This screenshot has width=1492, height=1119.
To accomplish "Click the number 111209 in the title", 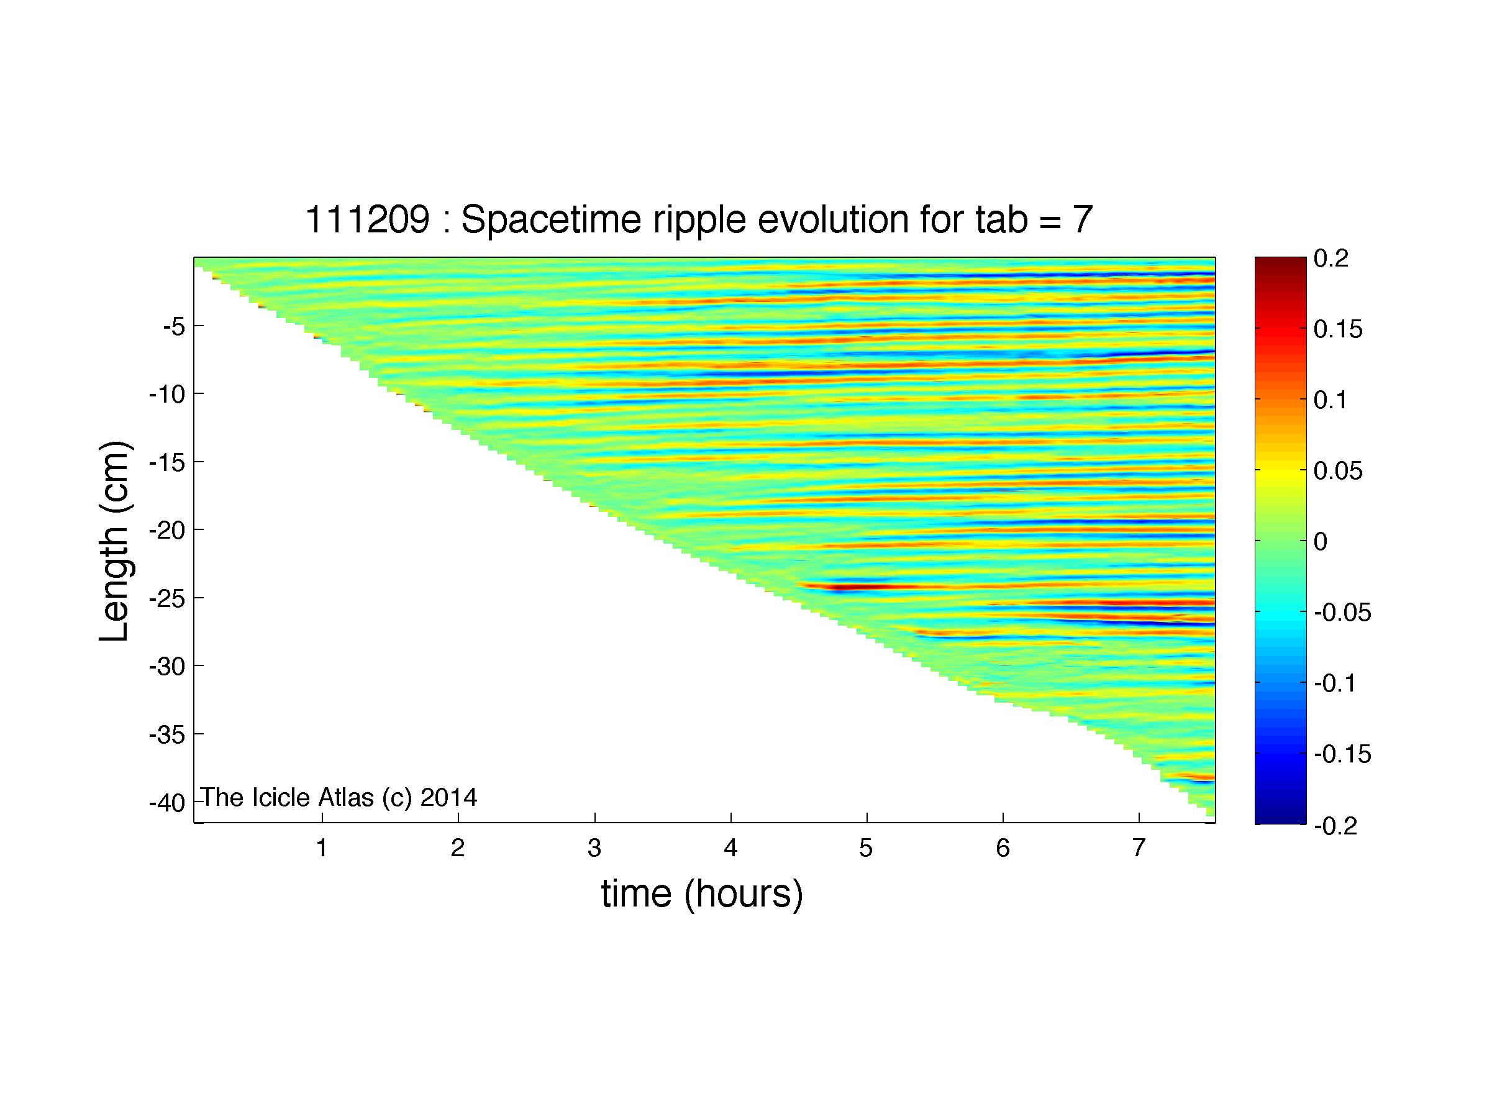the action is (x=368, y=220).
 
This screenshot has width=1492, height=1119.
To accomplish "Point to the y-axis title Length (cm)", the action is (x=115, y=541).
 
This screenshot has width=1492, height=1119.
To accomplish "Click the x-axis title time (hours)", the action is (x=702, y=894).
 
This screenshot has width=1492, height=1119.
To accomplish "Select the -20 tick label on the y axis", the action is (x=166, y=530).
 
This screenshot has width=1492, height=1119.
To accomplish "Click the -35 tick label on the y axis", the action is (x=166, y=734).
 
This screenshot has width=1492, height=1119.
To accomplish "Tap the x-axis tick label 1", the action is (x=322, y=848).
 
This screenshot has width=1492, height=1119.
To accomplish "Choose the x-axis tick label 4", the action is (x=730, y=848).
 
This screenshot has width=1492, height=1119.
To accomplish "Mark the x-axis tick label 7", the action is (x=1139, y=848).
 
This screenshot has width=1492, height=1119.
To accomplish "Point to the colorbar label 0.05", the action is (x=1338, y=471).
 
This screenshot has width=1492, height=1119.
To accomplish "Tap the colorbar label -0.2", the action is (x=1335, y=826).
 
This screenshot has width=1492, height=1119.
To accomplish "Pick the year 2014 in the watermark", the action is (x=448, y=798).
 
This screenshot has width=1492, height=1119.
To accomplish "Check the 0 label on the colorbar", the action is (x=1321, y=542).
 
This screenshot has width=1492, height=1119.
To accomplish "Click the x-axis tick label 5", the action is (x=866, y=848).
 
